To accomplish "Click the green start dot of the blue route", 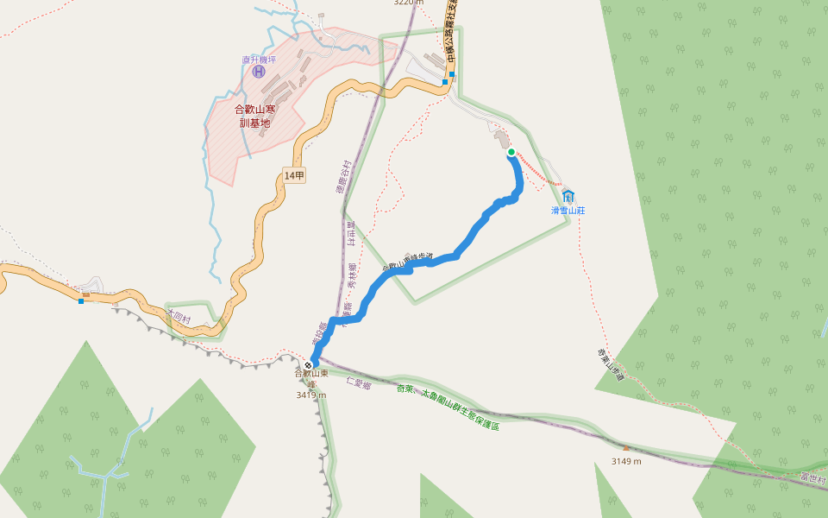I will pyautogui.click(x=511, y=152).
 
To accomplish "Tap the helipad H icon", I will pyautogui.click(x=259, y=71).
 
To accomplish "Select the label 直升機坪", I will pyautogui.click(x=259, y=60).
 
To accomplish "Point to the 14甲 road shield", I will pyautogui.click(x=294, y=175).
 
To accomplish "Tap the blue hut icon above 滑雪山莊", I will pyautogui.click(x=568, y=196).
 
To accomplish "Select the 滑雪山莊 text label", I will pyautogui.click(x=568, y=210).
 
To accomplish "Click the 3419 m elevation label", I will pyautogui.click(x=310, y=395).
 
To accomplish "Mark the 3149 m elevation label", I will pyautogui.click(x=626, y=461).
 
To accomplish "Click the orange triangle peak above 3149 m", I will pyautogui.click(x=626, y=448).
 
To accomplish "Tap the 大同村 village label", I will pyautogui.click(x=178, y=318).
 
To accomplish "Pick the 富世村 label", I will pyautogui.click(x=812, y=477).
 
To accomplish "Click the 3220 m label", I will pyautogui.click(x=409, y=3).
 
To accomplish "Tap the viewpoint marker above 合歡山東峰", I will pyautogui.click(x=308, y=365).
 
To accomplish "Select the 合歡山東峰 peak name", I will pyautogui.click(x=311, y=377).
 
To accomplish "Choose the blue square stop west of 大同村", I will pyautogui.click(x=81, y=300).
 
